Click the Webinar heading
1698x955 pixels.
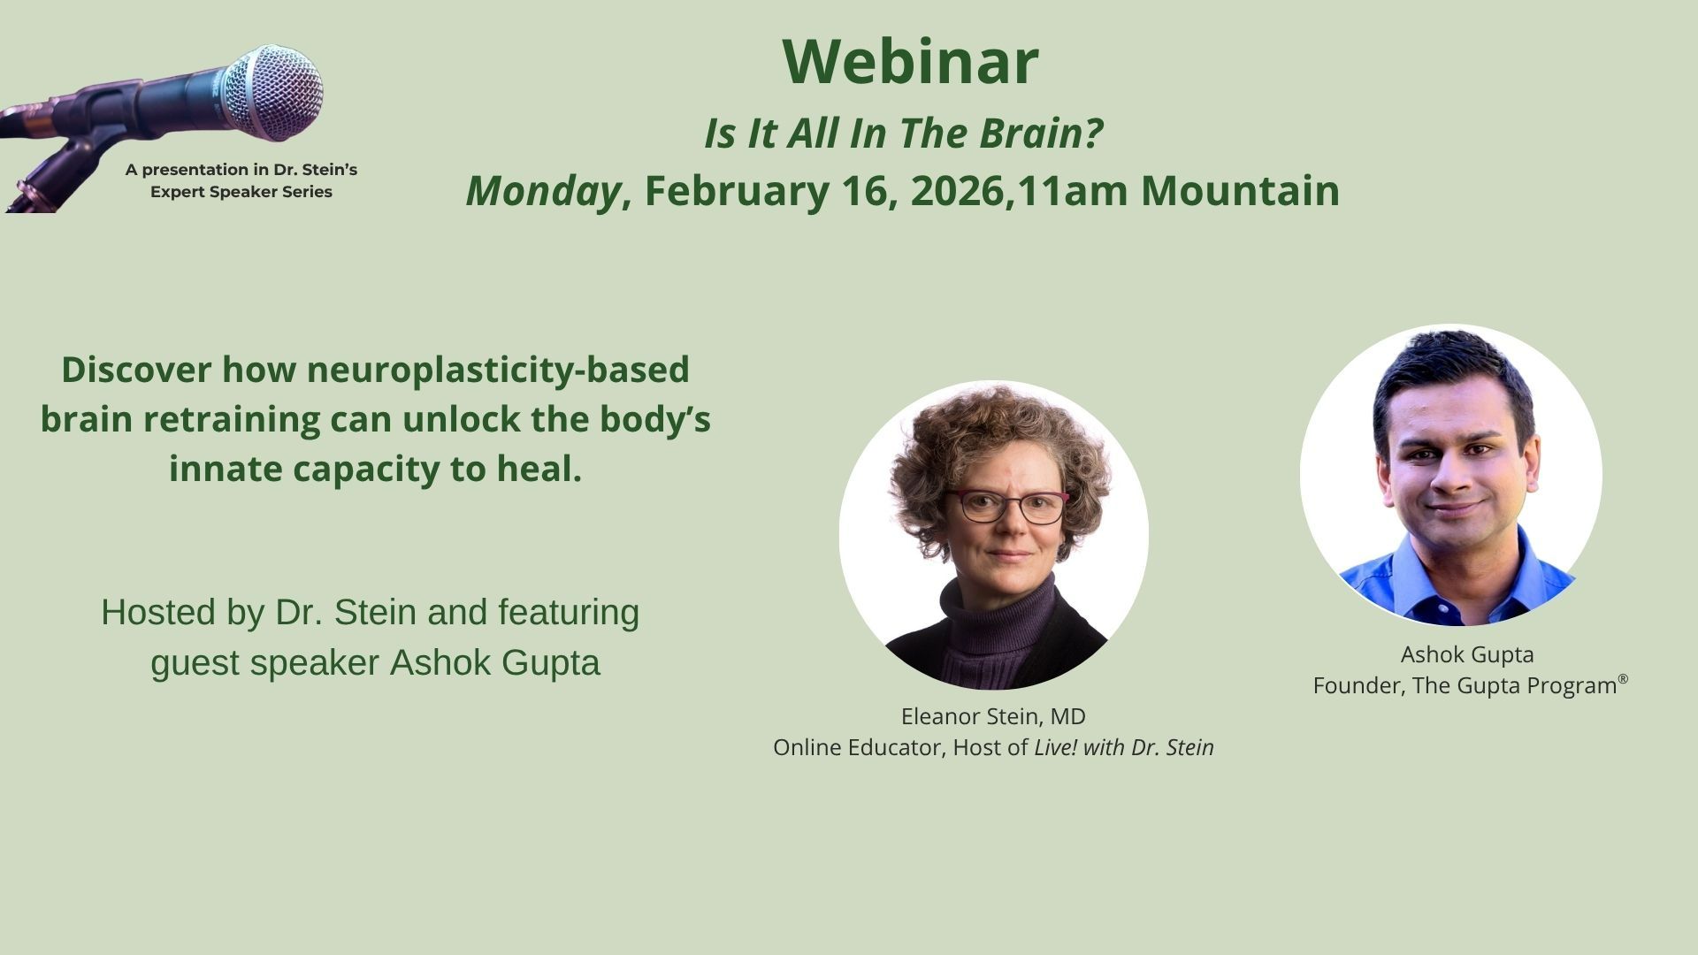pos(910,61)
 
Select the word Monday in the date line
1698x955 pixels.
pos(543,191)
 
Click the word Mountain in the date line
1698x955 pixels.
pos(1240,191)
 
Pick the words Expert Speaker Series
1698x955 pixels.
pos(241,192)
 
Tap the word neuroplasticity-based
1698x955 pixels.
pos(498,370)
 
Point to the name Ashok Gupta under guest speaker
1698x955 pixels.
pos(495,663)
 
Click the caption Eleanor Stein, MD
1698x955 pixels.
pos(993,716)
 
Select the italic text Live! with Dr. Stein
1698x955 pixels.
pos(1124,748)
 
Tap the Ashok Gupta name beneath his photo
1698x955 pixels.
pos(1467,654)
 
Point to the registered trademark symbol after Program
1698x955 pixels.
pos(1623,679)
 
